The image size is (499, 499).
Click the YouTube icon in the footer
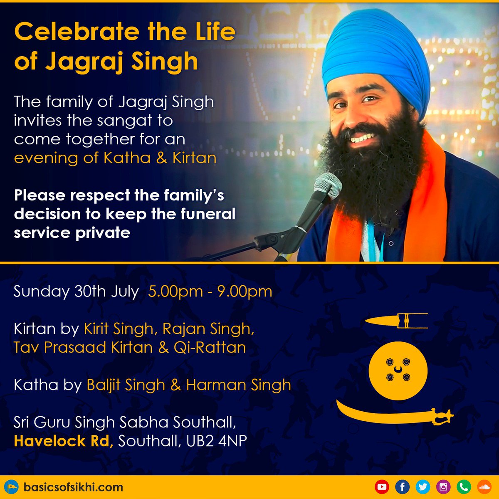[x=381, y=487]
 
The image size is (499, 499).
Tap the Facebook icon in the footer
[x=402, y=487]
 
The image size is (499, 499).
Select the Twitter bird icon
[x=422, y=487]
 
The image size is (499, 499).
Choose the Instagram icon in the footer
[x=443, y=487]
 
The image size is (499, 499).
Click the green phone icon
[x=464, y=487]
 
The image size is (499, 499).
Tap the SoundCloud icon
[x=484, y=487]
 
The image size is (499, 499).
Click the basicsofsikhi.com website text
[x=73, y=487]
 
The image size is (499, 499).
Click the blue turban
[x=374, y=54]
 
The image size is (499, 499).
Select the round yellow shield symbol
[x=398, y=371]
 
